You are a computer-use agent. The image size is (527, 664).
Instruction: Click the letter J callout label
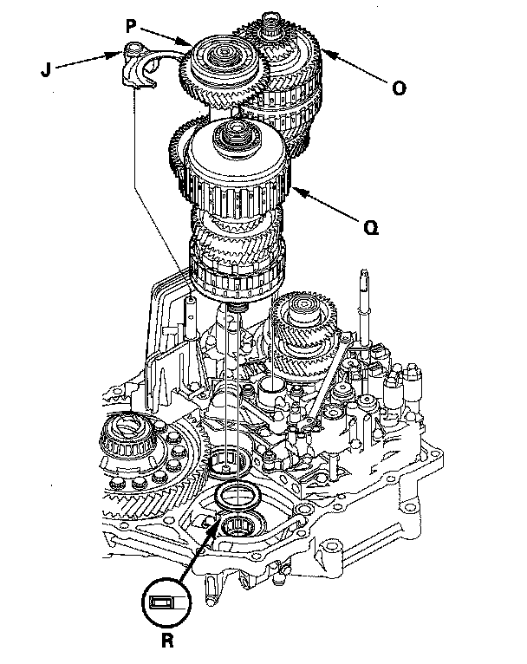(46, 69)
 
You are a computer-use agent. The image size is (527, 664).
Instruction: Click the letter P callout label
(131, 27)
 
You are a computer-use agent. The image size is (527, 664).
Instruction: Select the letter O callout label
(399, 88)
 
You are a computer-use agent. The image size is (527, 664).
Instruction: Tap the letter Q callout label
(371, 228)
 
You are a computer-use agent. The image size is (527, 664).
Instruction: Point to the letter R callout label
(167, 641)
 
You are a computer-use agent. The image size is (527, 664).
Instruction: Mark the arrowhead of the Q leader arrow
(297, 192)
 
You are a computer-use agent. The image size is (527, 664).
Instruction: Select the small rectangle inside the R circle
(162, 602)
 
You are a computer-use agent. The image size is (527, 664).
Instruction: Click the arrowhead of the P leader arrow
(185, 42)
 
